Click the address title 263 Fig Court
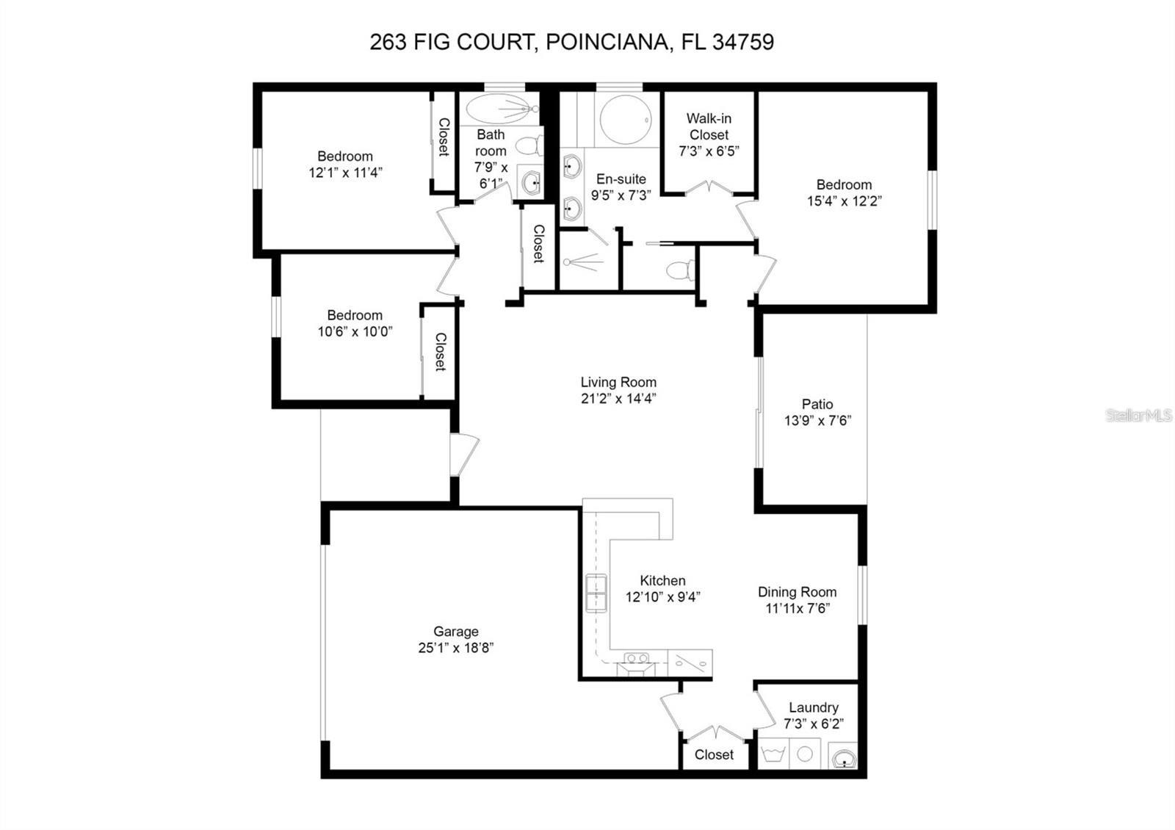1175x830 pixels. point(571,42)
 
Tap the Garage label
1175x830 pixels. point(455,631)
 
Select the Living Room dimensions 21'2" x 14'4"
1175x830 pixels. point(618,399)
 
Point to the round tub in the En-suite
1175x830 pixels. point(625,118)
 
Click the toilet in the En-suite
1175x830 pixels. point(679,270)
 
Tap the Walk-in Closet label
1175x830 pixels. point(709,126)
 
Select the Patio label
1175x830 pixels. point(817,404)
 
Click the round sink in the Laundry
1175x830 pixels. point(843,756)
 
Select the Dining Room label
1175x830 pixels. point(797,592)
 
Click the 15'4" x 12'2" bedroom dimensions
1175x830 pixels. point(844,201)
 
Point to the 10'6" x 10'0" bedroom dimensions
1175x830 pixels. point(355,331)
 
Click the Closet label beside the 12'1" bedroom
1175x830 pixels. point(444,137)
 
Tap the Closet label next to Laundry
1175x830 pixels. point(714,754)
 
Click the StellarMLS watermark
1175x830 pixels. point(1139,416)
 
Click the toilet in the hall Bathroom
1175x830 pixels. point(528,145)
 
